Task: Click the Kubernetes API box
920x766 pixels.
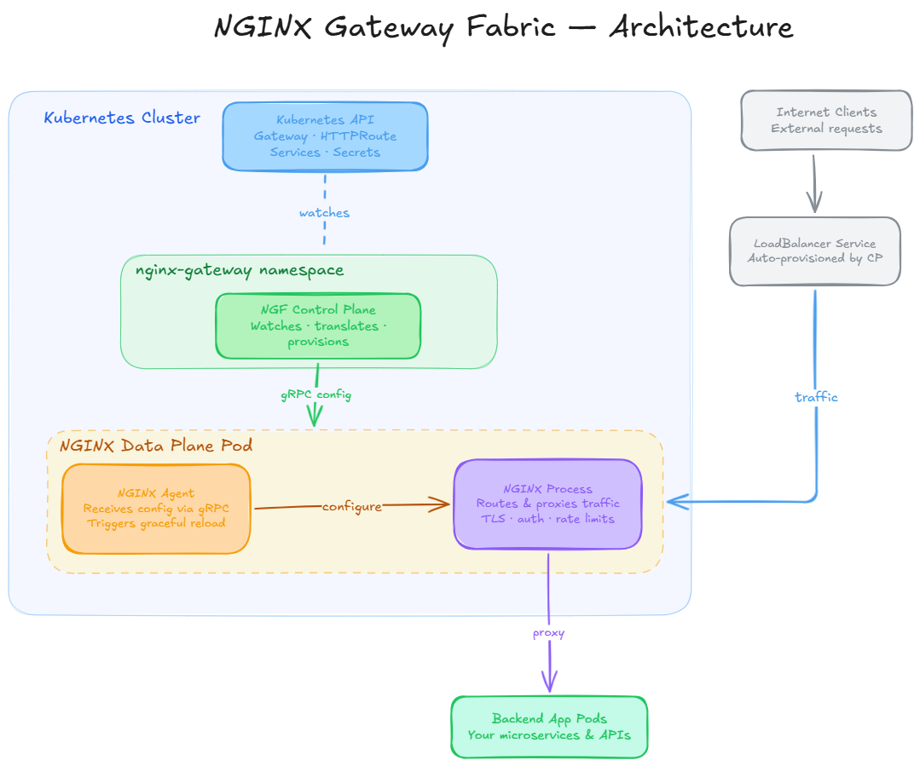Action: coord(325,136)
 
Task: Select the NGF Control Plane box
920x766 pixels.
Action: coord(318,325)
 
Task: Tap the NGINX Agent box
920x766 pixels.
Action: coord(156,509)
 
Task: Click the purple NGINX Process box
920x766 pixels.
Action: coord(547,504)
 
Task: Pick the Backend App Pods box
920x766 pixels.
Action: coord(549,727)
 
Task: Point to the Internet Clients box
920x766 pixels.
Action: coord(826,120)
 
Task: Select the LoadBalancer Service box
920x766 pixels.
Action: coord(814,251)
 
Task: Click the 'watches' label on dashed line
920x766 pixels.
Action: coord(324,213)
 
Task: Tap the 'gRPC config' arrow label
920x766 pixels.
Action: coord(315,395)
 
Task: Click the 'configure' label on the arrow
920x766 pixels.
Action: coord(351,507)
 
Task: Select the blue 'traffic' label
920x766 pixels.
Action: coord(816,397)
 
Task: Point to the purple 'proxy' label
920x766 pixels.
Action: coord(548,633)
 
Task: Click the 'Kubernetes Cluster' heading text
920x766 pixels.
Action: coord(122,118)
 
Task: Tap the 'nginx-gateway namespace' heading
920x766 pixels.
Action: coord(240,271)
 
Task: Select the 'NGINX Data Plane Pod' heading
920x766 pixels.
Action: coord(155,446)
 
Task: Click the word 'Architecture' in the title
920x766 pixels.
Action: coord(701,27)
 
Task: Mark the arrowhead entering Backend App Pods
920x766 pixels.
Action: coord(549,684)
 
